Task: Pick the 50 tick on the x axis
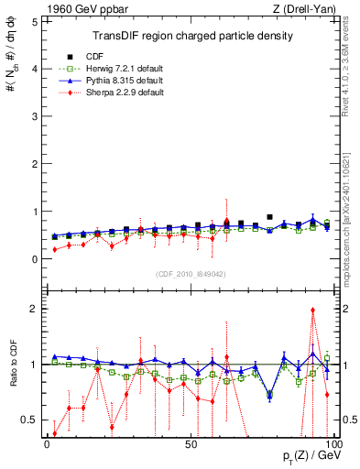pyautogui.click(x=191, y=442)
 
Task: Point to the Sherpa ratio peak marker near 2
pyautogui.click(x=313, y=311)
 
